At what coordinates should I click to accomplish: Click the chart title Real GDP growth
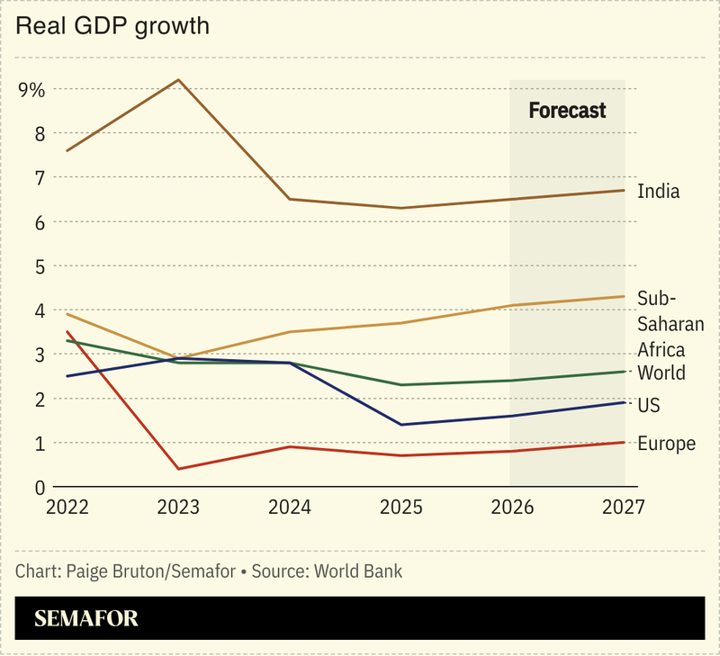point(112,26)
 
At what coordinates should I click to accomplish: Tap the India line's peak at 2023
point(178,80)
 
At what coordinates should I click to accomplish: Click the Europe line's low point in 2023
point(178,469)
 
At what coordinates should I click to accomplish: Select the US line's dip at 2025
point(400,425)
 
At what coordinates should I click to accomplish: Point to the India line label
point(658,191)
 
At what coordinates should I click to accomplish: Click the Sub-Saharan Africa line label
point(670,324)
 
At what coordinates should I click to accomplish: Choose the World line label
point(661,373)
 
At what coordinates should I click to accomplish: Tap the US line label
point(648,406)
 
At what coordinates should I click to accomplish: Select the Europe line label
point(666,443)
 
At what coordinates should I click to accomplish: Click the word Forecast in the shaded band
point(567,111)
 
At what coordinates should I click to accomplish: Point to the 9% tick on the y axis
point(31,89)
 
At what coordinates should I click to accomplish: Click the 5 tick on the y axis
point(39,266)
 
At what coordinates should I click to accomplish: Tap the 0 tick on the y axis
point(39,488)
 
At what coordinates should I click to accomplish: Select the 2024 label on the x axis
point(289,508)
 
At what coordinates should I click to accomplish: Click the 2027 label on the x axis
point(622,508)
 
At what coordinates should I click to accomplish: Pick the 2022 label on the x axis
point(67,508)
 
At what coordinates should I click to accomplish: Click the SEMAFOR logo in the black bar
point(86,619)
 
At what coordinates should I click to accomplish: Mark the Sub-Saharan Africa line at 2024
point(289,332)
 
